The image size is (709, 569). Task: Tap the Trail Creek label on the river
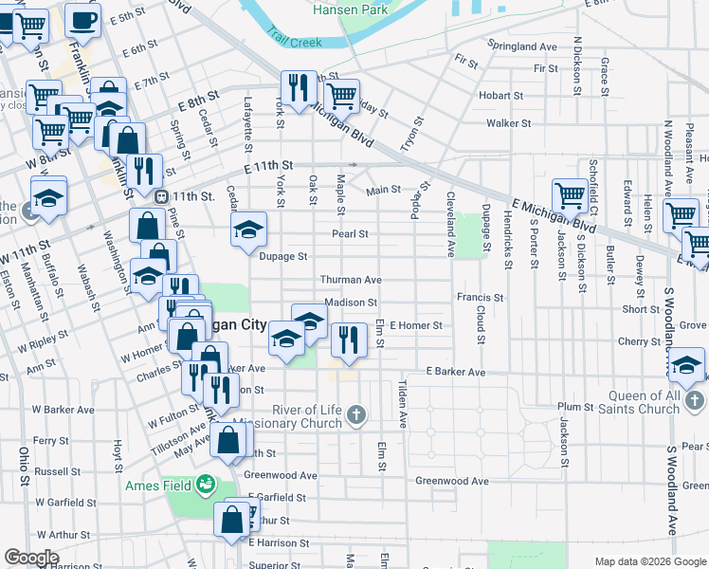tap(294, 41)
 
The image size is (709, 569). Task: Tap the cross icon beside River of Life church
tap(355, 413)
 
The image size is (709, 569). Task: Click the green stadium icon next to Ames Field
tap(204, 486)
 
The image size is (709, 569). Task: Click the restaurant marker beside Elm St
tap(349, 339)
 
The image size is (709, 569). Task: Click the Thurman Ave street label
tap(350, 280)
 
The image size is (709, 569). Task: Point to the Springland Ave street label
tap(521, 46)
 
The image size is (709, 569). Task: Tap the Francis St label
tap(479, 297)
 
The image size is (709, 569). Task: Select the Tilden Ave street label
tap(402, 406)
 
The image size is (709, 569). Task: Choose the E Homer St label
tap(415, 325)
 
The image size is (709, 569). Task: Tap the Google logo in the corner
tap(31, 558)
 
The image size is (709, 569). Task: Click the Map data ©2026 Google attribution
tap(649, 560)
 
